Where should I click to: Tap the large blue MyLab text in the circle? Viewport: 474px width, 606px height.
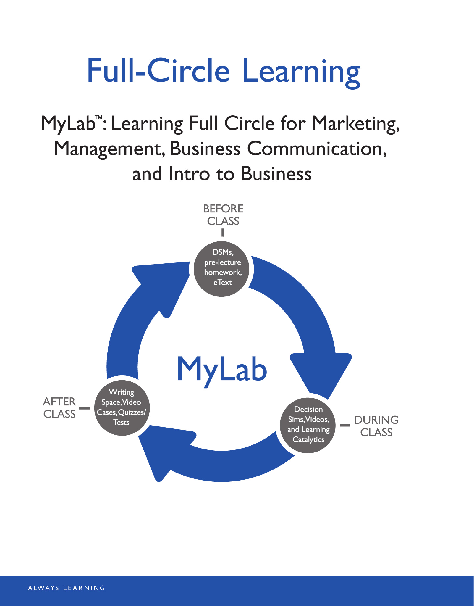click(222, 370)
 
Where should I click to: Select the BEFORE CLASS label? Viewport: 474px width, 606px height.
click(223, 215)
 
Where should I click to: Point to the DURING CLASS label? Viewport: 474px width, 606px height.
click(376, 426)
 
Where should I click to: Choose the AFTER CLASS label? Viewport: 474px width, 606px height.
click(59, 408)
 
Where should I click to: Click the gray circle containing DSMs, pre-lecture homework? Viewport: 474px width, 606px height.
click(221, 269)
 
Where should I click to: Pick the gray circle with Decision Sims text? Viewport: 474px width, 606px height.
click(308, 425)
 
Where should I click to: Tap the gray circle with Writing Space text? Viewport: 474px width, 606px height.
click(122, 408)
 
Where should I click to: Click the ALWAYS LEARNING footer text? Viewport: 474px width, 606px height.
click(67, 588)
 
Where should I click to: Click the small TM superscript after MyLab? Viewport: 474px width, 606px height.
click(98, 117)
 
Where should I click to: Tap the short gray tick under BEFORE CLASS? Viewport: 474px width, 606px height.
click(223, 233)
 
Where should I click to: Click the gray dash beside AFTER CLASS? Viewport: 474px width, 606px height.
click(84, 408)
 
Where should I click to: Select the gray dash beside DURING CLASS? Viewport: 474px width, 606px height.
click(345, 425)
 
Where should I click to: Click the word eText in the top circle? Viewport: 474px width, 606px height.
click(223, 283)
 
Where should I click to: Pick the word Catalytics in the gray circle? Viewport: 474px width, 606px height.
click(308, 440)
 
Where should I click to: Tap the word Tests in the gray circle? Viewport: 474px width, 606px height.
click(122, 422)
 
